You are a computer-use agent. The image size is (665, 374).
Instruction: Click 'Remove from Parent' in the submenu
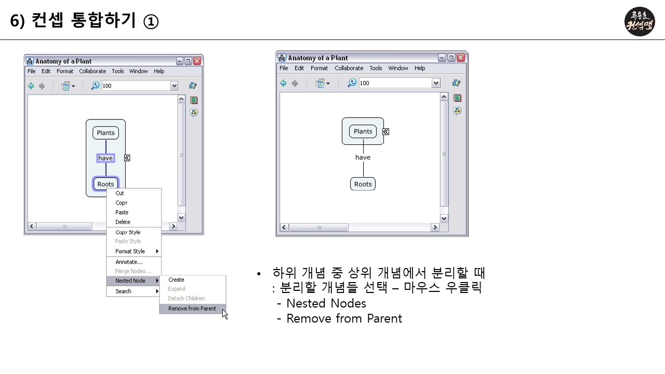point(192,309)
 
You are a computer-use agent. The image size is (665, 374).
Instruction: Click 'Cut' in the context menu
point(120,193)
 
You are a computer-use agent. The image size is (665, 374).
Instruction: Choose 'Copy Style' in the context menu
point(128,232)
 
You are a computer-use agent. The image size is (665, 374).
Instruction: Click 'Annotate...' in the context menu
point(129,262)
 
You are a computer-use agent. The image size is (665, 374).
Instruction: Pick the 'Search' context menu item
point(124,291)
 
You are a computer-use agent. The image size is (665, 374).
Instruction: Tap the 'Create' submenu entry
point(177,279)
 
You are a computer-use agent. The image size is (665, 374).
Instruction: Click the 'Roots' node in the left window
point(105,184)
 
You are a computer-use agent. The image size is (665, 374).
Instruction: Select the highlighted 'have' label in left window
point(105,158)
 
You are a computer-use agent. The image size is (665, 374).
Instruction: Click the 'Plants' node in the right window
point(363,131)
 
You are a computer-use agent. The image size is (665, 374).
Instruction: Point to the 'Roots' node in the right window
point(363,184)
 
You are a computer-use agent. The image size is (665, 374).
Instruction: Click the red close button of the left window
point(197,61)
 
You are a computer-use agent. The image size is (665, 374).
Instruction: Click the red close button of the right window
point(461,58)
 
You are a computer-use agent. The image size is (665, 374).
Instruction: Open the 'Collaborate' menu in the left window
point(92,71)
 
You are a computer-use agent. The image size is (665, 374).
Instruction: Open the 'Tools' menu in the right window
point(376,68)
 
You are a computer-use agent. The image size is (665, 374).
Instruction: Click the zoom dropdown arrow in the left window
point(175,86)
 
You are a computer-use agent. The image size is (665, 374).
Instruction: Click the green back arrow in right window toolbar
point(283,83)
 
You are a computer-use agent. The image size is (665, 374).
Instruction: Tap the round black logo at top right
point(640,21)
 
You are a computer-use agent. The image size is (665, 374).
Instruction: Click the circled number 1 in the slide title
point(151,21)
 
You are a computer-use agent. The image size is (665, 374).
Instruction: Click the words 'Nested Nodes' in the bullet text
point(326,303)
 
